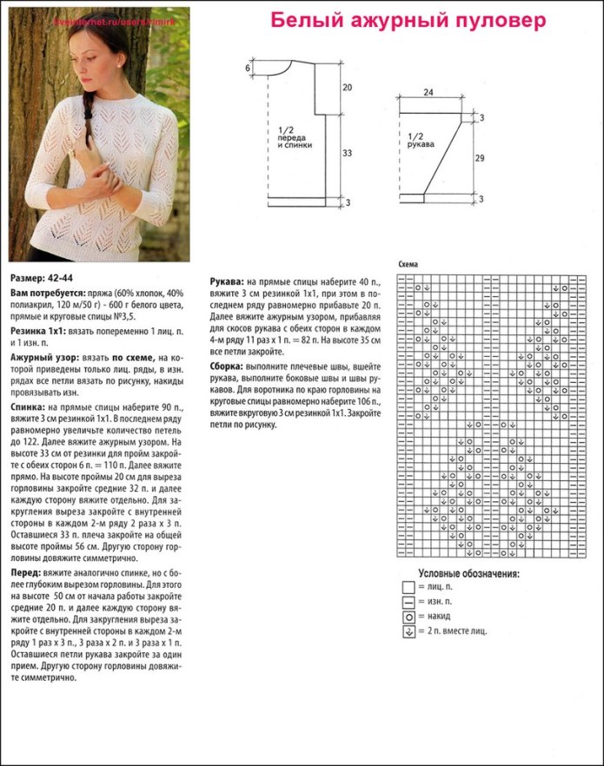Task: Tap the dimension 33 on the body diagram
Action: [x=346, y=153]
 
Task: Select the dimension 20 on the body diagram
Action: [x=346, y=88]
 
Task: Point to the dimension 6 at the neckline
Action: [x=248, y=68]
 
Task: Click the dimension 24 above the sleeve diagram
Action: [x=428, y=92]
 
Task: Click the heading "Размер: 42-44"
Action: [x=41, y=278]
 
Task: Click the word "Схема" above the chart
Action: [x=408, y=264]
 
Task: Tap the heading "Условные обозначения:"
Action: [x=468, y=574]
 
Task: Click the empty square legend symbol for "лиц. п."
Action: [x=407, y=588]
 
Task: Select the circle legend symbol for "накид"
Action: [x=407, y=616]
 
